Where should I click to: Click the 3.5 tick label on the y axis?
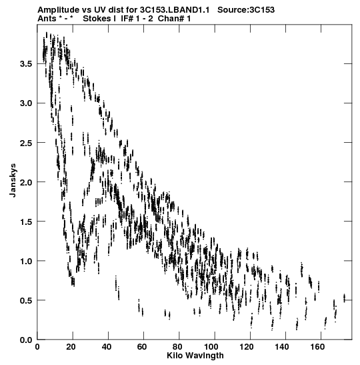coord(25,64)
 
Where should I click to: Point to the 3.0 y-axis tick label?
coord(25,103)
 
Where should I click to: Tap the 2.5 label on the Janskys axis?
coord(25,143)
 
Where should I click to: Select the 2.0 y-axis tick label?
coord(25,182)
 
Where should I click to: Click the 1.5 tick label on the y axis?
coord(25,222)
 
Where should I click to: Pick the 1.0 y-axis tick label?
coord(25,261)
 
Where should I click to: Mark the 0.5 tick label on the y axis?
coord(25,300)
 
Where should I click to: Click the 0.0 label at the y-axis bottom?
coord(25,340)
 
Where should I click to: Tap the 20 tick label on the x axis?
coord(71,347)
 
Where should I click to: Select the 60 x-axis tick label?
coord(142,347)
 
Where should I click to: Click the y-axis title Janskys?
coord(13,180)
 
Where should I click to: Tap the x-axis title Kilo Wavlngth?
coord(195,356)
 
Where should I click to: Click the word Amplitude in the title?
coord(59,10)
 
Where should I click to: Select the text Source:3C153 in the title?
coord(246,10)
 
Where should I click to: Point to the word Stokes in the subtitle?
coord(97,19)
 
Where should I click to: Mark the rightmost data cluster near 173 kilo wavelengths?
coord(344,298)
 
